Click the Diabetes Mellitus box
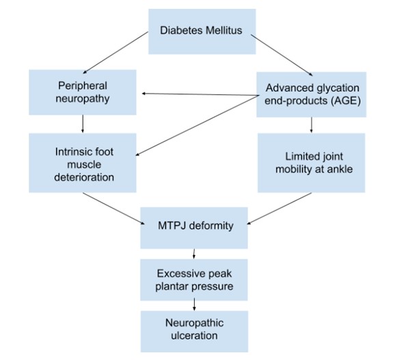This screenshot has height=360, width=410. click(x=202, y=31)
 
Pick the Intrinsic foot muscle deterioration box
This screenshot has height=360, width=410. click(x=82, y=162)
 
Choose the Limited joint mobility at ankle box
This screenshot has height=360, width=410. click(x=312, y=162)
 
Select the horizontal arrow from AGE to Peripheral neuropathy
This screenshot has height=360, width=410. click(x=198, y=94)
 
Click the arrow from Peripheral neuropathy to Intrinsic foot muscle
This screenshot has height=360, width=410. click(x=83, y=123)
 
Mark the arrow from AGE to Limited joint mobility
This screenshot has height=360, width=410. click(x=312, y=124)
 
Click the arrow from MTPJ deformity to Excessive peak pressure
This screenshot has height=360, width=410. click(x=194, y=253)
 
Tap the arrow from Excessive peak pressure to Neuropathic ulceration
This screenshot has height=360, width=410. click(x=194, y=305)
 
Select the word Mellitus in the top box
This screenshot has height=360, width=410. click(x=223, y=31)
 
